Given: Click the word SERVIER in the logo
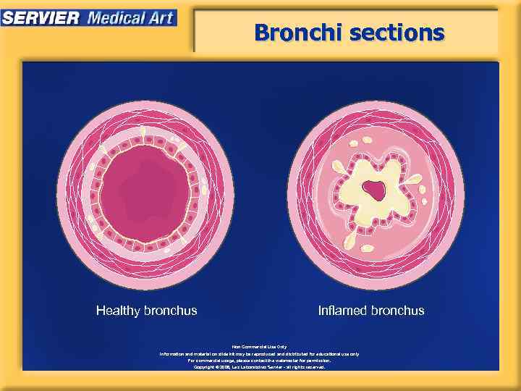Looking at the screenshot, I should coord(41,17).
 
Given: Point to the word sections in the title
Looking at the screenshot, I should coord(397,33).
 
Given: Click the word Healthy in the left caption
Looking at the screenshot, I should coord(118,311).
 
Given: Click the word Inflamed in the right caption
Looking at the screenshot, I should coord(343,311).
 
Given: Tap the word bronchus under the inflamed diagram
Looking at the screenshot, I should coord(397,311).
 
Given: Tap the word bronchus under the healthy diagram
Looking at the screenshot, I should coord(171,311).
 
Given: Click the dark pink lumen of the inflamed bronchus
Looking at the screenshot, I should coord(375,190).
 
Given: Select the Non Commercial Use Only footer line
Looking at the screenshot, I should coord(260,347).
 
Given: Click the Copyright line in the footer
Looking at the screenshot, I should coord(260,367).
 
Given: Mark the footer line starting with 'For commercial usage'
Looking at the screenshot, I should coord(260,361).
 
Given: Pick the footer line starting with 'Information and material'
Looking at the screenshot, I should coord(260,354).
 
